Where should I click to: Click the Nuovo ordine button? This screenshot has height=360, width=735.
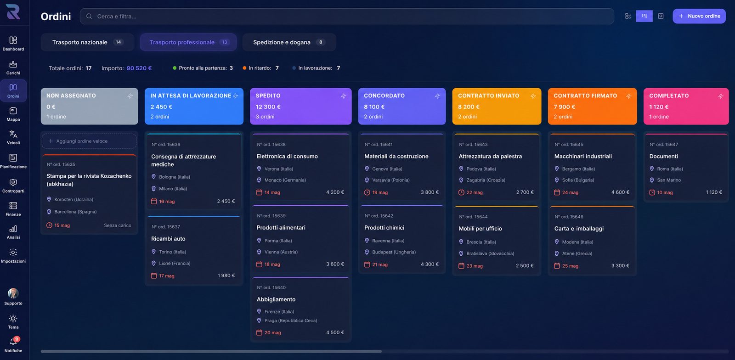click(x=699, y=16)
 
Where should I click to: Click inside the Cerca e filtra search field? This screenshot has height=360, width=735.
click(x=347, y=16)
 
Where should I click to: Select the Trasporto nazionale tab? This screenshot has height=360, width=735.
click(x=87, y=42)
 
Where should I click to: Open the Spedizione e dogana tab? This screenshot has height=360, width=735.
click(x=289, y=42)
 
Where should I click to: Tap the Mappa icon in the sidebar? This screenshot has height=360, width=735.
click(x=13, y=111)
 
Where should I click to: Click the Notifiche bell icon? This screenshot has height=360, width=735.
click(x=13, y=342)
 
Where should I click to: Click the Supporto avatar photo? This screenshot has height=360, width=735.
click(x=13, y=293)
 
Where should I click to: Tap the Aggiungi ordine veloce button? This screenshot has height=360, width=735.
click(x=89, y=141)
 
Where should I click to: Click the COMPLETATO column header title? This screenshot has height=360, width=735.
click(x=669, y=96)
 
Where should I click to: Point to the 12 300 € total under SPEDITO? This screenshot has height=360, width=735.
click(x=268, y=107)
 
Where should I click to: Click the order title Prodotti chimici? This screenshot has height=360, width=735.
click(x=384, y=228)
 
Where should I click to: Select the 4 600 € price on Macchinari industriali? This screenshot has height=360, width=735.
click(x=620, y=192)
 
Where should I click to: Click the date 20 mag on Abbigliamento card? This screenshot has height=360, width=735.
click(x=272, y=332)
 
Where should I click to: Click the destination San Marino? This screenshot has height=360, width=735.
click(x=669, y=180)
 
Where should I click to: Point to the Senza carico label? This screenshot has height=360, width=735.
click(x=118, y=225)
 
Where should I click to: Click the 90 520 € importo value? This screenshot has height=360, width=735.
click(x=139, y=68)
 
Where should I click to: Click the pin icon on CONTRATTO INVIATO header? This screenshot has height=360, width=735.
click(x=533, y=96)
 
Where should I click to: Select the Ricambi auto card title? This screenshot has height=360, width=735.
click(x=168, y=239)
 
